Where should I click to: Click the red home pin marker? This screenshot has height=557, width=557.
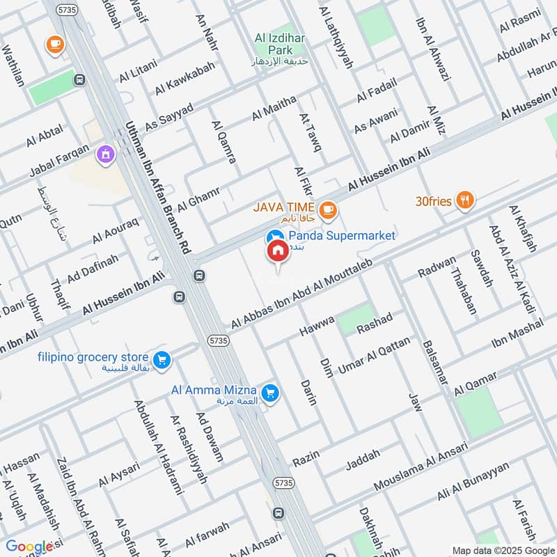[x=277, y=251]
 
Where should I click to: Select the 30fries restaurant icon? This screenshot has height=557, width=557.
[x=465, y=201]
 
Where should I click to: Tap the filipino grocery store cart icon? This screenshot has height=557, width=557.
[x=162, y=359]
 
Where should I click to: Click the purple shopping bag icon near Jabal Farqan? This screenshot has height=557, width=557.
[x=105, y=154]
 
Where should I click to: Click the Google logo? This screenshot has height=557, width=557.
[x=30, y=547]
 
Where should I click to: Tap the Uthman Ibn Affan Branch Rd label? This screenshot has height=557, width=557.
[x=157, y=187]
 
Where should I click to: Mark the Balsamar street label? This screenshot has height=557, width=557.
[x=431, y=361]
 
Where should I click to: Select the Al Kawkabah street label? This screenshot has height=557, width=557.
[x=185, y=78]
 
